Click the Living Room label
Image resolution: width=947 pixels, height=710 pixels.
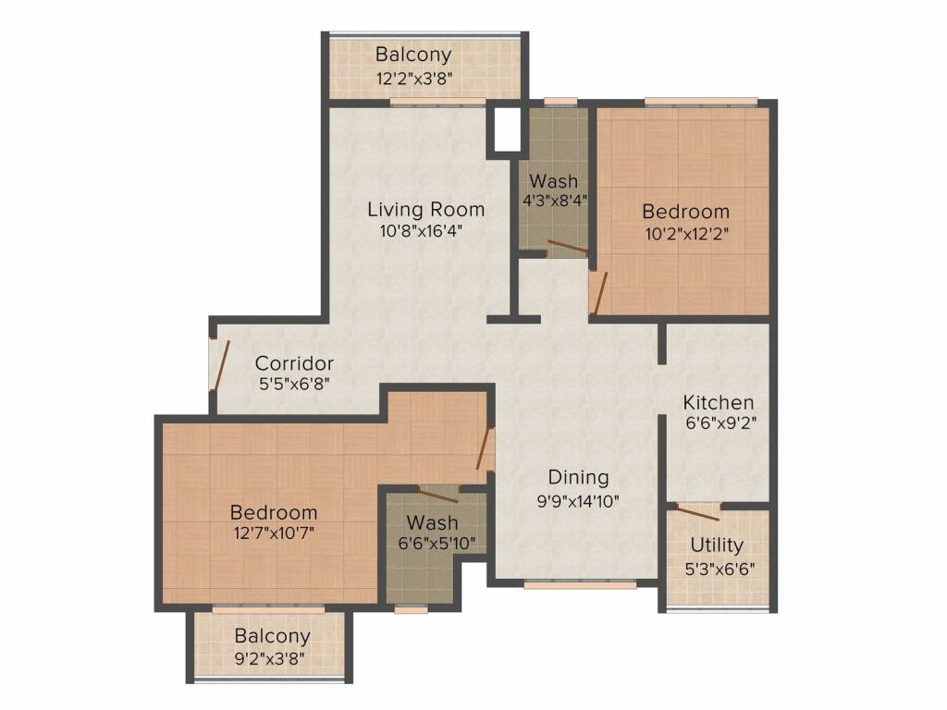(x=425, y=210)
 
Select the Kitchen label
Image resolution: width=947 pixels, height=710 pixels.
(x=718, y=402)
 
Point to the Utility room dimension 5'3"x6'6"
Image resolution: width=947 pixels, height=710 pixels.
(x=719, y=569)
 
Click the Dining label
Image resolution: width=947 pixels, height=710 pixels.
(x=578, y=478)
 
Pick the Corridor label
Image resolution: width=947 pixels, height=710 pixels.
(x=294, y=363)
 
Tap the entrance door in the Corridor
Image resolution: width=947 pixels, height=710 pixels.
(x=219, y=365)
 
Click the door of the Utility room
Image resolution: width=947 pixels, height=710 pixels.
(x=697, y=512)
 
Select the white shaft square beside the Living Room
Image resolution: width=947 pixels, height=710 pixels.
(x=508, y=129)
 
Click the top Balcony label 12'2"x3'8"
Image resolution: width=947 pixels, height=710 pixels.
(x=413, y=79)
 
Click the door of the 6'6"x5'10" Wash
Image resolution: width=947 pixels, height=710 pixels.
(x=439, y=495)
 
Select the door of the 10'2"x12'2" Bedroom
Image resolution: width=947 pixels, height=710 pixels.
(x=598, y=293)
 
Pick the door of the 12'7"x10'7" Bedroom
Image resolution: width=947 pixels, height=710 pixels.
(x=485, y=448)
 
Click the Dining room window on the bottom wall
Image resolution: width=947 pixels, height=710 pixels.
(x=580, y=584)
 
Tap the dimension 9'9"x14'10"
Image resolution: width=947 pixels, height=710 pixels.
(x=578, y=501)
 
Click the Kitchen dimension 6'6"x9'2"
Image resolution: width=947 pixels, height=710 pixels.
(x=721, y=422)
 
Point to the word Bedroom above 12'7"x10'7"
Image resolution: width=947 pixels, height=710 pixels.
(x=274, y=512)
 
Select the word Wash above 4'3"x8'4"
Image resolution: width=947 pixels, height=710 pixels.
(x=553, y=180)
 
